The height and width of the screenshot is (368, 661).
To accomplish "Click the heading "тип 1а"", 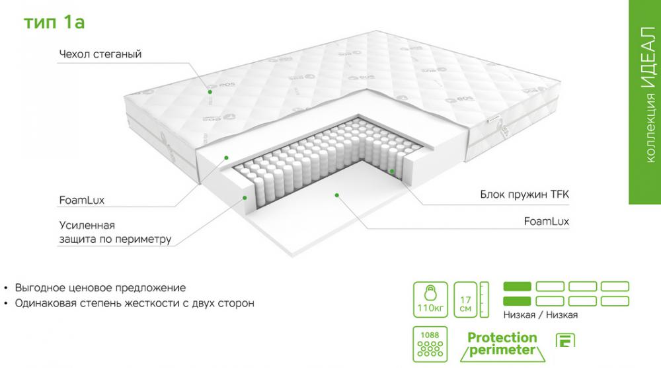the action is point(54,22).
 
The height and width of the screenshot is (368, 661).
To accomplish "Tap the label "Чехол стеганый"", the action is point(100,54).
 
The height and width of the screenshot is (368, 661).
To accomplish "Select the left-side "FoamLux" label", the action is point(81,200).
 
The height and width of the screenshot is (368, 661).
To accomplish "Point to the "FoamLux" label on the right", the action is point(547,221).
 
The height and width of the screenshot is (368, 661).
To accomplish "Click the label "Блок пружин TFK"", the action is point(524,195).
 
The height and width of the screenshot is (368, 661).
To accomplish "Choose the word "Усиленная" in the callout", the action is point(87,225).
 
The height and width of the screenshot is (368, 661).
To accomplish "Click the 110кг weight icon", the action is point(430,300).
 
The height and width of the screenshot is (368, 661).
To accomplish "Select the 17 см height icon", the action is point(471,300).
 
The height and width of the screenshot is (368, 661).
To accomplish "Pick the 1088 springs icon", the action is point(430,344).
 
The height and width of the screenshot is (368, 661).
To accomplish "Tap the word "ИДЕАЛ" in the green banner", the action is point(649,58).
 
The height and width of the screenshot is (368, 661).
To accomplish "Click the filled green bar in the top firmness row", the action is point(518,287).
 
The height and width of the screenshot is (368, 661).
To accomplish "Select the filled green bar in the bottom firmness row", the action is point(518,301).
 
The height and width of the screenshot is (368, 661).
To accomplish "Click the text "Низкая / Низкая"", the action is point(541,315).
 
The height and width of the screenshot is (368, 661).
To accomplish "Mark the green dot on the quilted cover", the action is point(210,91).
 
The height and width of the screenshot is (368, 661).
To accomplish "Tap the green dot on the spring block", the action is point(391,171).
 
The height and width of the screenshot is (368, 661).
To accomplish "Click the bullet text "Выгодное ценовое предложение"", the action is point(100,288).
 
